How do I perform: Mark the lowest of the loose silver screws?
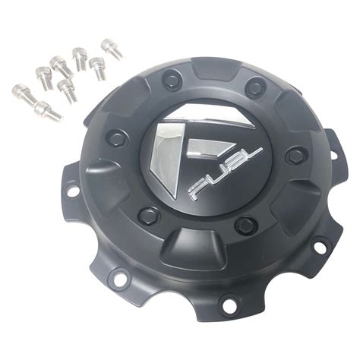49,112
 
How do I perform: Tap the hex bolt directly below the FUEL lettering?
245,226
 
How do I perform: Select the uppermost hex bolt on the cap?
173,77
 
